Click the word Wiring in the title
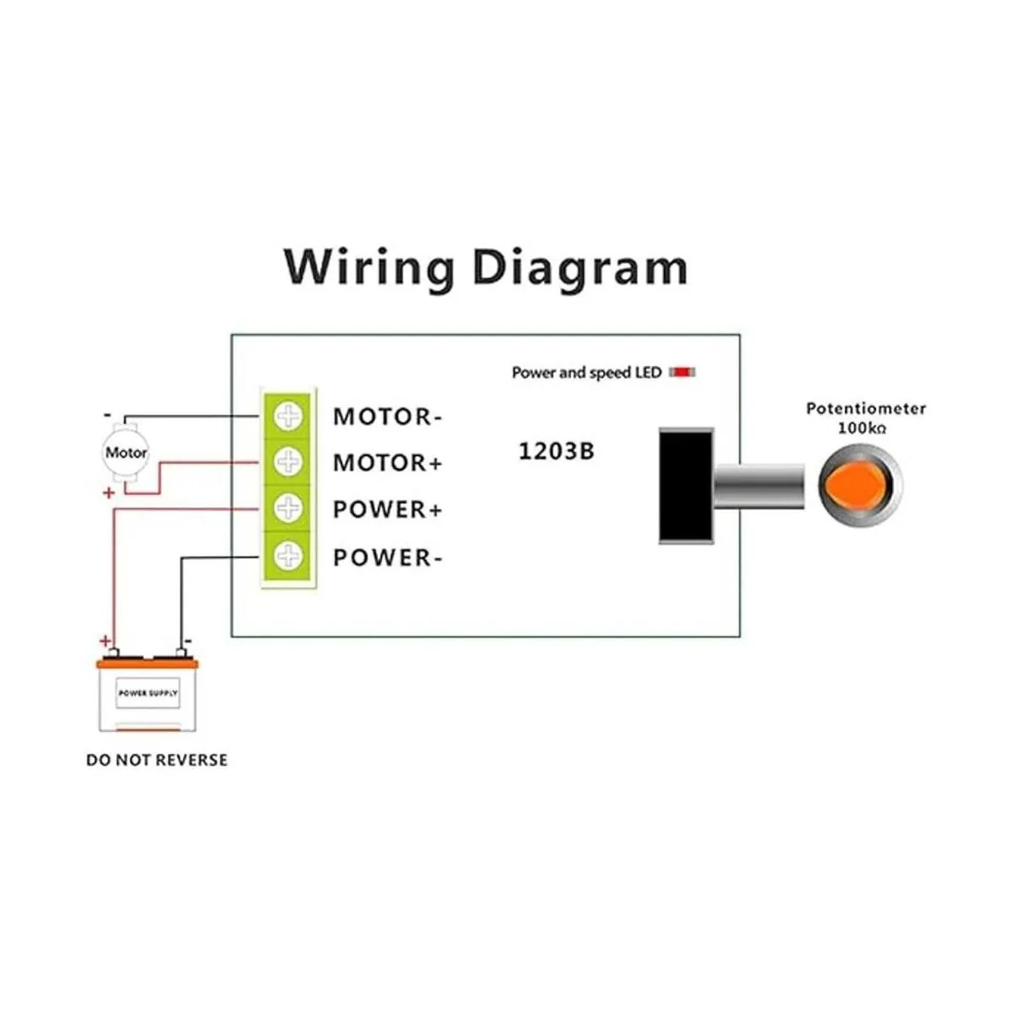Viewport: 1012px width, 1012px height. tap(369, 268)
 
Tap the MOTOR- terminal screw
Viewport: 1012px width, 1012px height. tap(288, 416)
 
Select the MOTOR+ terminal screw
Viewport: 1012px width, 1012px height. tap(288, 461)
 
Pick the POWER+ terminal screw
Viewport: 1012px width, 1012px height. tap(288, 508)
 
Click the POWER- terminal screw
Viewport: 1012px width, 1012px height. tap(288, 555)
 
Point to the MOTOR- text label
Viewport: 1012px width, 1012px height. tap(387, 417)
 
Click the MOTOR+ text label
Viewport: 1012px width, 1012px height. tap(387, 463)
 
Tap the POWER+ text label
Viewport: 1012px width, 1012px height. tap(387, 510)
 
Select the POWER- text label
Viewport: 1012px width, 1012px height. tap(387, 557)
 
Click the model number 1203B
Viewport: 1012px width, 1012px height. tap(556, 451)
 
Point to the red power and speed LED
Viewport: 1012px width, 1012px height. tap(682, 372)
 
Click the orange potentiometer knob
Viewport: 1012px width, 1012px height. tap(855, 486)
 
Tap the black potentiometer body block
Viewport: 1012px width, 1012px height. tap(686, 485)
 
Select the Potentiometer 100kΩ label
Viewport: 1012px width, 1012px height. tap(865, 417)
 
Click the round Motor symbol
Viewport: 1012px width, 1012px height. tap(126, 453)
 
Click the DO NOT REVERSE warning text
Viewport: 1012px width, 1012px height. tap(157, 760)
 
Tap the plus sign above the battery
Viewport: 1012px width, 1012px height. tap(105, 641)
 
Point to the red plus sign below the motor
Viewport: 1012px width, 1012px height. tap(109, 493)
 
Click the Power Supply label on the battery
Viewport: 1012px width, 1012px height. tap(148, 693)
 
